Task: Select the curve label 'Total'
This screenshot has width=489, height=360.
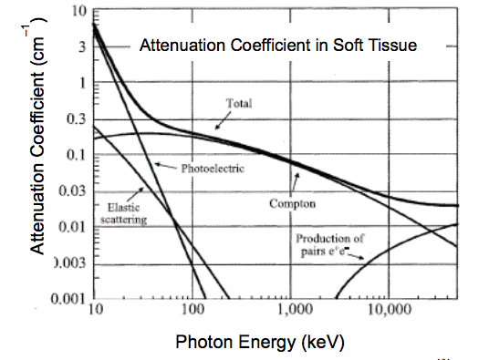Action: [x=238, y=103]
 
